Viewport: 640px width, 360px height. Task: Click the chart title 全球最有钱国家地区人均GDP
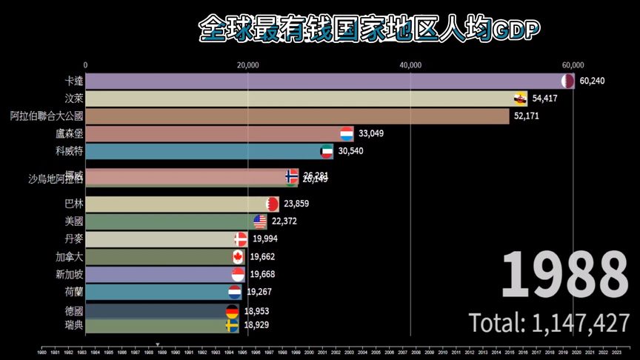click(x=369, y=29)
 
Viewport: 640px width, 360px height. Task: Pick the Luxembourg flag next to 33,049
click(x=346, y=133)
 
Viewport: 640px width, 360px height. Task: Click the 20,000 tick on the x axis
click(x=248, y=64)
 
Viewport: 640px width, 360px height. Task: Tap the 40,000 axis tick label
click(x=410, y=64)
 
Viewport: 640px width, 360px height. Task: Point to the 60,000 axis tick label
click(x=573, y=64)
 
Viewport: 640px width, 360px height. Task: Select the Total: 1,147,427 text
click(x=549, y=323)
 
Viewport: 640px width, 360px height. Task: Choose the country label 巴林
click(x=74, y=204)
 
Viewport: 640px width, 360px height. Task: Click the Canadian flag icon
click(x=238, y=256)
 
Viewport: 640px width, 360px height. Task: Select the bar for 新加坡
click(x=159, y=274)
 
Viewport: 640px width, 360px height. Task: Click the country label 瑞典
click(x=74, y=325)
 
